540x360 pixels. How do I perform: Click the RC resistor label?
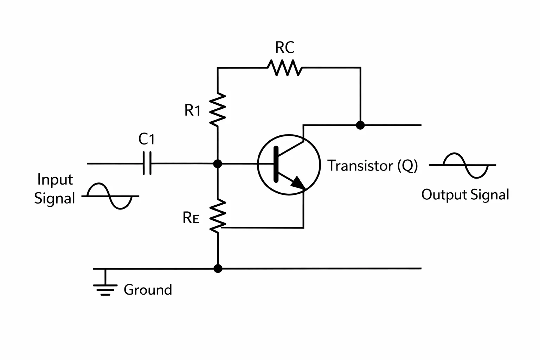tap(285, 47)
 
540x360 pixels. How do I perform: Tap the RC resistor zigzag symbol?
tap(284, 68)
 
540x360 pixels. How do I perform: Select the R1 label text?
tap(192, 110)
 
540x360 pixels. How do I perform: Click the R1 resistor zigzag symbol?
tap(218, 109)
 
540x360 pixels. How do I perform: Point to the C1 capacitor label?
tap(146, 139)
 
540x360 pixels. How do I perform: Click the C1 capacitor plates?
tap(147, 163)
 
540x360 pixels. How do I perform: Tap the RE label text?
tap(191, 218)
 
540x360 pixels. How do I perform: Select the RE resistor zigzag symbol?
tap(218, 216)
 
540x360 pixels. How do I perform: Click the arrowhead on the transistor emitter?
tap(298, 183)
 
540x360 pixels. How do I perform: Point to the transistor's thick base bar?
tap(276, 164)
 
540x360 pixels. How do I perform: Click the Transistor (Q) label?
tap(372, 166)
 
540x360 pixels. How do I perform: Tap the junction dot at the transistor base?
tap(218, 164)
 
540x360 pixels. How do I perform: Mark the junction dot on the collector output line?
tap(360, 125)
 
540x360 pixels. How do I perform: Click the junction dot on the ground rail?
tap(218, 268)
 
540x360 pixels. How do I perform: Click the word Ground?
tap(148, 290)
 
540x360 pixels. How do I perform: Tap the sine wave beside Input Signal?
tap(110, 196)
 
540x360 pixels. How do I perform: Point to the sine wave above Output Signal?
tap(462, 165)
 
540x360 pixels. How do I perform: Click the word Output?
tap(444, 194)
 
